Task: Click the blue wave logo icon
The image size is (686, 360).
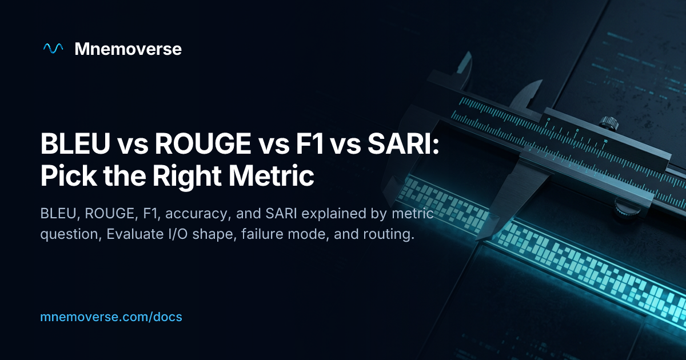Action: pos(53,49)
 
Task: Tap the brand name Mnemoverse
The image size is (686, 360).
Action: pos(128,49)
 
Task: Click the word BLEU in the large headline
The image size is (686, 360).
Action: pos(75,143)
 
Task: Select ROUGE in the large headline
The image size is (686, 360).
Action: pos(203,143)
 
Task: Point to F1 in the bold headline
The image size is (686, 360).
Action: pos(310,143)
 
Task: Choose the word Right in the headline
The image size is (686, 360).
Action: pos(187,177)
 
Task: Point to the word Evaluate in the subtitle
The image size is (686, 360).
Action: pos(135,234)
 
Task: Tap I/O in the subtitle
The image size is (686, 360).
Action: pos(178,234)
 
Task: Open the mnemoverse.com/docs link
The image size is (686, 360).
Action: pos(111,317)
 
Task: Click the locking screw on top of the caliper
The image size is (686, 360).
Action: pos(608,122)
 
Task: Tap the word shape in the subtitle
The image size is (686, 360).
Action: pos(214,235)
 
